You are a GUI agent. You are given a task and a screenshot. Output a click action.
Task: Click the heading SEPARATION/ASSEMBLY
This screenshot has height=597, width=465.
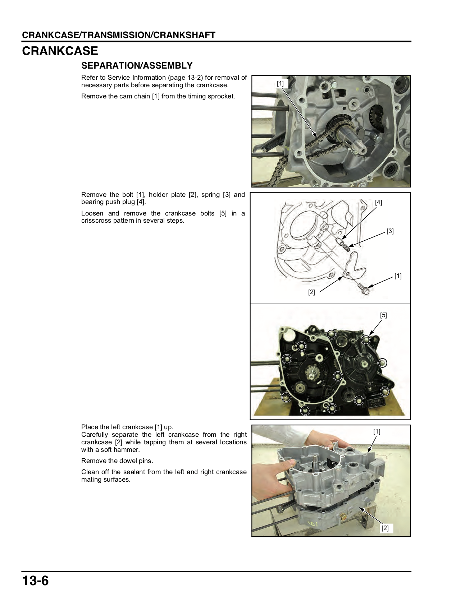137,66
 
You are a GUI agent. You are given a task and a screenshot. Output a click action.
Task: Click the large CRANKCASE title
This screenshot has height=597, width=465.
60,51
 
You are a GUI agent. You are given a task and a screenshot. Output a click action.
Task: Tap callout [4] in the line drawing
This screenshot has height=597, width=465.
378,203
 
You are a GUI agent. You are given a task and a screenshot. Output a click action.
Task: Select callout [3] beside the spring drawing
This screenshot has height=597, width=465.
390,231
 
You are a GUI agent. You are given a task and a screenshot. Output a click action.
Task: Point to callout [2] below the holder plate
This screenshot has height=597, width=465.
311,292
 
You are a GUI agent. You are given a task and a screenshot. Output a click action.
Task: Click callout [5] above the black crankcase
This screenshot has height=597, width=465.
383,315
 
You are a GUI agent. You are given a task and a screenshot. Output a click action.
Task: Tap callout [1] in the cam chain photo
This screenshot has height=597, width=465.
280,83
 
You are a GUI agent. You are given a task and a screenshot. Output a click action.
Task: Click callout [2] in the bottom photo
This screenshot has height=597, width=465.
385,528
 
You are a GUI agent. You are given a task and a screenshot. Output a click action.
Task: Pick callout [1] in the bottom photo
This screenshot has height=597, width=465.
377,432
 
